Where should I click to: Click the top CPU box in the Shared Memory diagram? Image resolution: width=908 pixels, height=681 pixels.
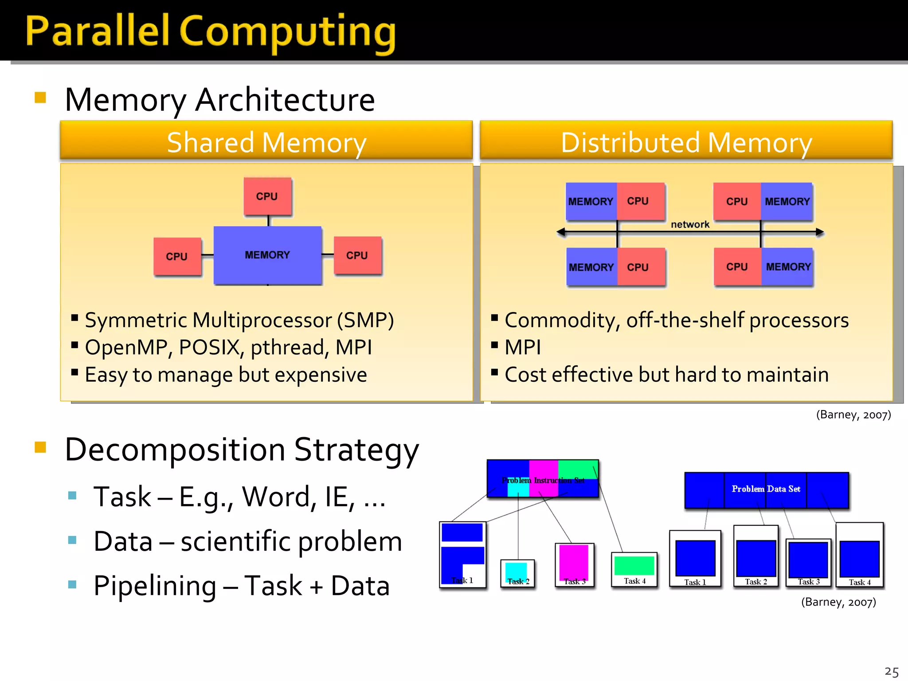point(267,196)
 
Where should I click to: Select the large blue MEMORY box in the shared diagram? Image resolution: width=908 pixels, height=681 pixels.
point(267,255)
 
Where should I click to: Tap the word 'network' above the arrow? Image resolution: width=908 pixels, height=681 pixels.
point(690,224)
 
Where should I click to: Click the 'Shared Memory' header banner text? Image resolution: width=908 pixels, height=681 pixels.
point(266,143)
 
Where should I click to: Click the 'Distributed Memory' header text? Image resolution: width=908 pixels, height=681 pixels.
point(686,143)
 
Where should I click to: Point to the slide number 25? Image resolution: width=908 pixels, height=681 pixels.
point(891,671)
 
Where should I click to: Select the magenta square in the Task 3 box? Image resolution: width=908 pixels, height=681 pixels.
point(574,561)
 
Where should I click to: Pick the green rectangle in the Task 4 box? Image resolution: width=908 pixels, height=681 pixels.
point(634,565)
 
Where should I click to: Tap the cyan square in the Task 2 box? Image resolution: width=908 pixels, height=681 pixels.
point(516,570)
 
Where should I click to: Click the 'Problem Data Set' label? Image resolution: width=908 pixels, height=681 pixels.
point(766,489)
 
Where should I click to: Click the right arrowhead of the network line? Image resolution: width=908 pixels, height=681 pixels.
point(820,232)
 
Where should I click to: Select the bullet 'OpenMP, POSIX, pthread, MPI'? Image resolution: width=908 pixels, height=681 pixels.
point(228,347)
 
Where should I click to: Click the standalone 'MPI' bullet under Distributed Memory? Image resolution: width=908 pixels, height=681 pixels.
point(523,347)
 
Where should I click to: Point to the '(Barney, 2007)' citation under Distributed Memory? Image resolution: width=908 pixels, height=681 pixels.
point(853,415)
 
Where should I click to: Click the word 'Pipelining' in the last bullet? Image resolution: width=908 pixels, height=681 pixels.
point(155,585)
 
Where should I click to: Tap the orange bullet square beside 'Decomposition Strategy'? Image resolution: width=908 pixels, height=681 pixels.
point(40,447)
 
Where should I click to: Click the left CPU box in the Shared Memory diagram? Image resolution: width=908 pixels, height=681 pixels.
point(177,256)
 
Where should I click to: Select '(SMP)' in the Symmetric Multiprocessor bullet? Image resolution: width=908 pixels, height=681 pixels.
point(365,320)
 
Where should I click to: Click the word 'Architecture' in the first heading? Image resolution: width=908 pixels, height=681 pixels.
point(285,100)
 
